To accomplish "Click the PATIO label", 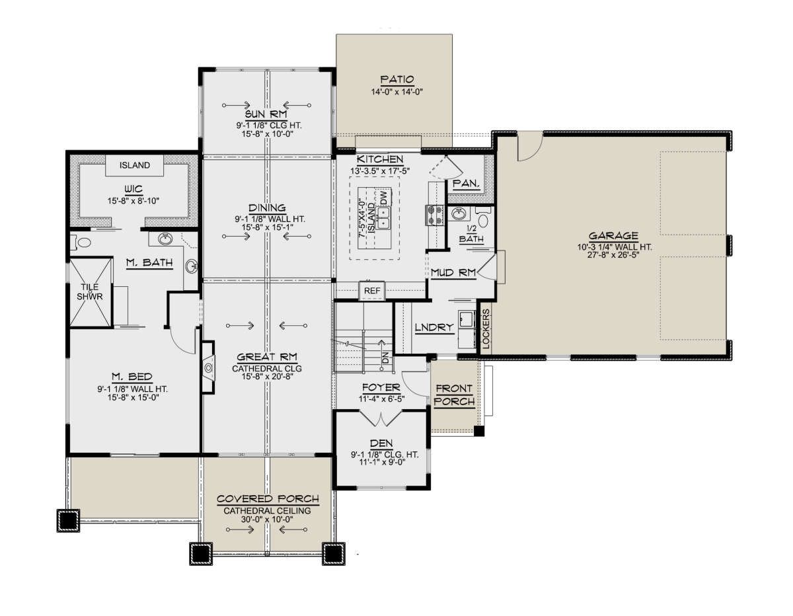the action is (x=397, y=79).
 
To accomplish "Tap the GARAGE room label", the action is (x=613, y=235).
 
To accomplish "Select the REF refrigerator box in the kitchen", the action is (x=372, y=291).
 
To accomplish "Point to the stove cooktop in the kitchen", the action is (x=434, y=215).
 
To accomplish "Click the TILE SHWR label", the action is (x=90, y=292).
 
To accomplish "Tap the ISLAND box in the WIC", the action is (x=134, y=165).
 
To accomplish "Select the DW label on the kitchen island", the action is (x=383, y=198).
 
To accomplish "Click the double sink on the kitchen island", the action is (x=383, y=217).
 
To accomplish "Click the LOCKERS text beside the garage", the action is (x=486, y=328).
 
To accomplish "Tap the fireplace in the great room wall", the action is (x=209, y=367).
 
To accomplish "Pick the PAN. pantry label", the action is (x=466, y=184).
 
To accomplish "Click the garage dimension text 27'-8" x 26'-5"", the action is (x=613, y=254).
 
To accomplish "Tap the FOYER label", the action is (x=381, y=387).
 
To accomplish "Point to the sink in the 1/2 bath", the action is (x=459, y=214).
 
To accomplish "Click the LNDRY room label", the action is (x=434, y=327).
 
